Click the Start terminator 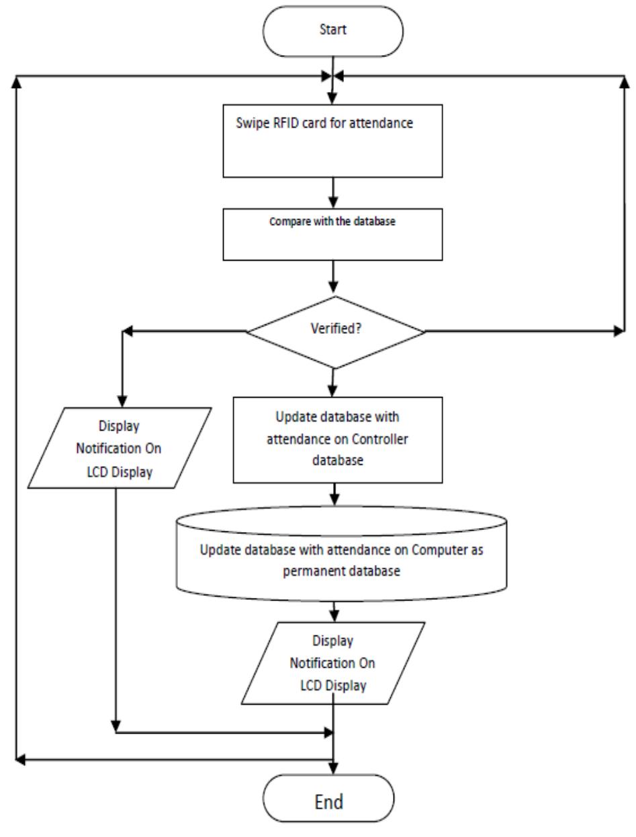[333, 30]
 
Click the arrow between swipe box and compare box [334, 193]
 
